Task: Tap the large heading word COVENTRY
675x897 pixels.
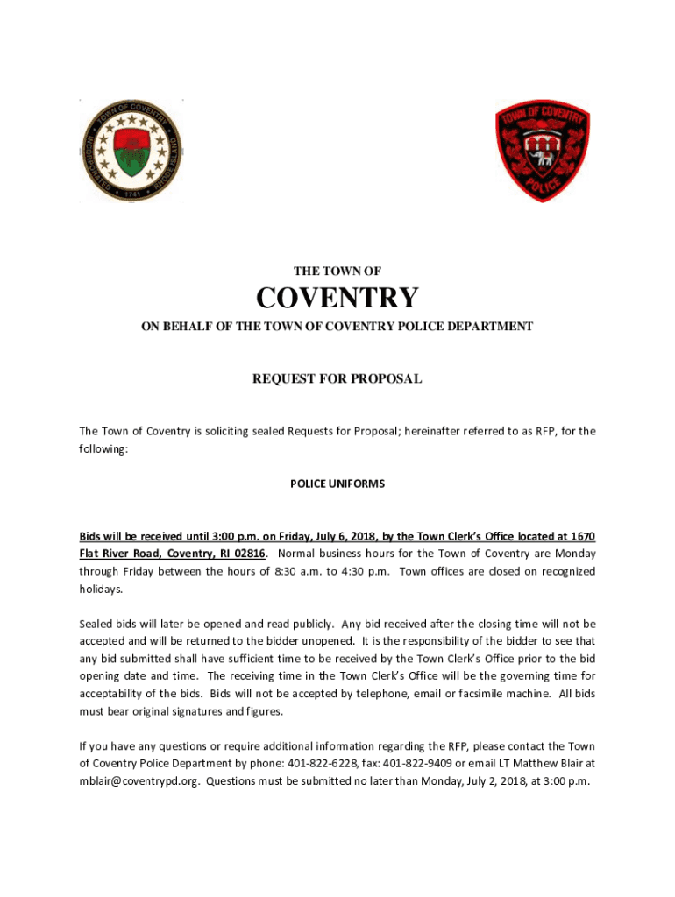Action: [337, 299]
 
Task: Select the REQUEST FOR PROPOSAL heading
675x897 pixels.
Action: [337, 379]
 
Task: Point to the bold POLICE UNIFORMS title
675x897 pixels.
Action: [337, 484]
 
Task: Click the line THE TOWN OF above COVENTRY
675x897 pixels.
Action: [337, 272]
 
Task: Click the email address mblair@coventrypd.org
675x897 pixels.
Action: [139, 781]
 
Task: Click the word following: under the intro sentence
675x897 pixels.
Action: [103, 448]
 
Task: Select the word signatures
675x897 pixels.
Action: [192, 711]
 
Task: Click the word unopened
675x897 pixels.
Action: [331, 641]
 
